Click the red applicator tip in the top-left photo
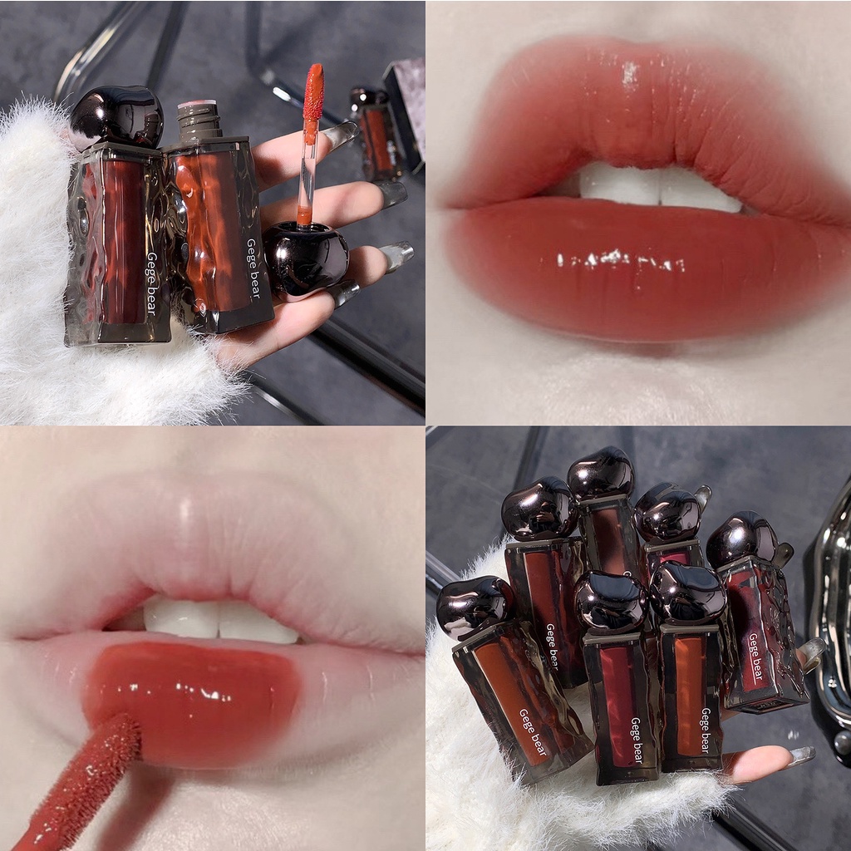click(313, 92)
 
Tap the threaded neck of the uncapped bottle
click(199, 120)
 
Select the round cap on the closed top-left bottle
click(116, 116)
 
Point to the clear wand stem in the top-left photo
click(308, 173)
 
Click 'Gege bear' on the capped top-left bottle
click(152, 283)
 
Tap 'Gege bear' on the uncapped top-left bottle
click(253, 268)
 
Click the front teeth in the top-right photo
click(659, 187)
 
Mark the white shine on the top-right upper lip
click(630, 74)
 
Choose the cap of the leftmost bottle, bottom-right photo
click(475, 607)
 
